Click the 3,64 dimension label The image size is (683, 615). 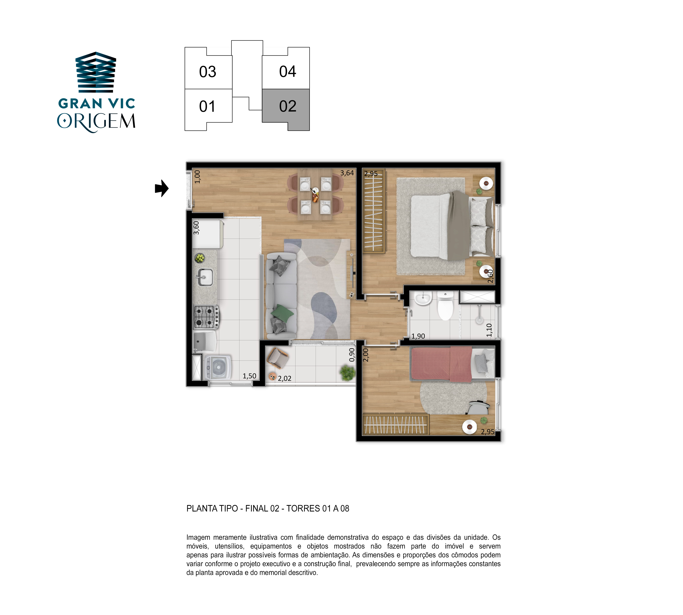[347, 173]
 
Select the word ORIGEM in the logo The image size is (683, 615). [96, 122]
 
